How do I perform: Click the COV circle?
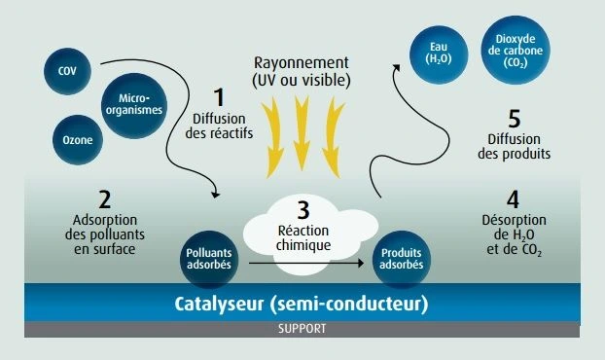pos(67,71)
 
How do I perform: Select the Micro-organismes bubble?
pos(134,105)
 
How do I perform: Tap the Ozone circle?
pos(78,140)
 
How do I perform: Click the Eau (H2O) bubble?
pos(439,54)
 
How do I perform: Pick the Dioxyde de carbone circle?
pos(516,51)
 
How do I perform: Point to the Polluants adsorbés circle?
pos(209,259)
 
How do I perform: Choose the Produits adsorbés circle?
pos(402,259)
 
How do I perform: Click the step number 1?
pos(219,97)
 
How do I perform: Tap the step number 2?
pos(105,199)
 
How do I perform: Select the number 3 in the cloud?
pos(303,210)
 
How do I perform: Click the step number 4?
pos(513,199)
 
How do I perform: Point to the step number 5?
pos(515,119)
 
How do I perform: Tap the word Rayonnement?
pos(302,62)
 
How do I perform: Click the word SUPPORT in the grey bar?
pos(302,329)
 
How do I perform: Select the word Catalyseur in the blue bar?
pos(219,304)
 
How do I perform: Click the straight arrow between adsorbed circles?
pos(306,263)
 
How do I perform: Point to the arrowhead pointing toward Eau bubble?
pos(396,68)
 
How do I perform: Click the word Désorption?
pos(514,220)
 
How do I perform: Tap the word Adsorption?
pos(105,220)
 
